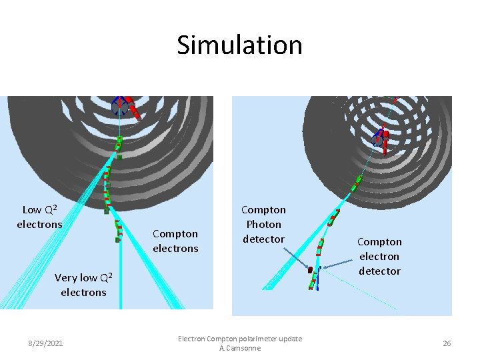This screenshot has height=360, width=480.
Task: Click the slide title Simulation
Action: click(x=239, y=45)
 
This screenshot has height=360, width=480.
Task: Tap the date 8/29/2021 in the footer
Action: click(x=45, y=343)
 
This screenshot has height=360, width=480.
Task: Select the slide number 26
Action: click(x=447, y=343)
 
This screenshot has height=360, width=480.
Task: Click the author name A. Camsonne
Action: click(x=239, y=348)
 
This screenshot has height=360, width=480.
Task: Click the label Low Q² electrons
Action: click(x=39, y=217)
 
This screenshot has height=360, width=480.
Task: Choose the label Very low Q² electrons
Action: click(x=83, y=285)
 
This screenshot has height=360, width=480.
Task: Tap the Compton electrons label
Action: click(x=175, y=241)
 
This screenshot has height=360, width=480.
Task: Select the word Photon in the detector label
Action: click(x=263, y=224)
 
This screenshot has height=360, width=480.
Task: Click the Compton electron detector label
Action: click(x=379, y=256)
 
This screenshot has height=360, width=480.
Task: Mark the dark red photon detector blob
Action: click(x=310, y=269)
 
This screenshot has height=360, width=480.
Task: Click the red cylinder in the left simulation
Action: click(x=133, y=110)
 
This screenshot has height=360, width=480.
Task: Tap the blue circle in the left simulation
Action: click(x=119, y=105)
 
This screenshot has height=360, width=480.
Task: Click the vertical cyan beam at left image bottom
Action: click(x=121, y=280)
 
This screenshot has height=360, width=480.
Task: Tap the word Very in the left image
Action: click(x=65, y=277)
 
